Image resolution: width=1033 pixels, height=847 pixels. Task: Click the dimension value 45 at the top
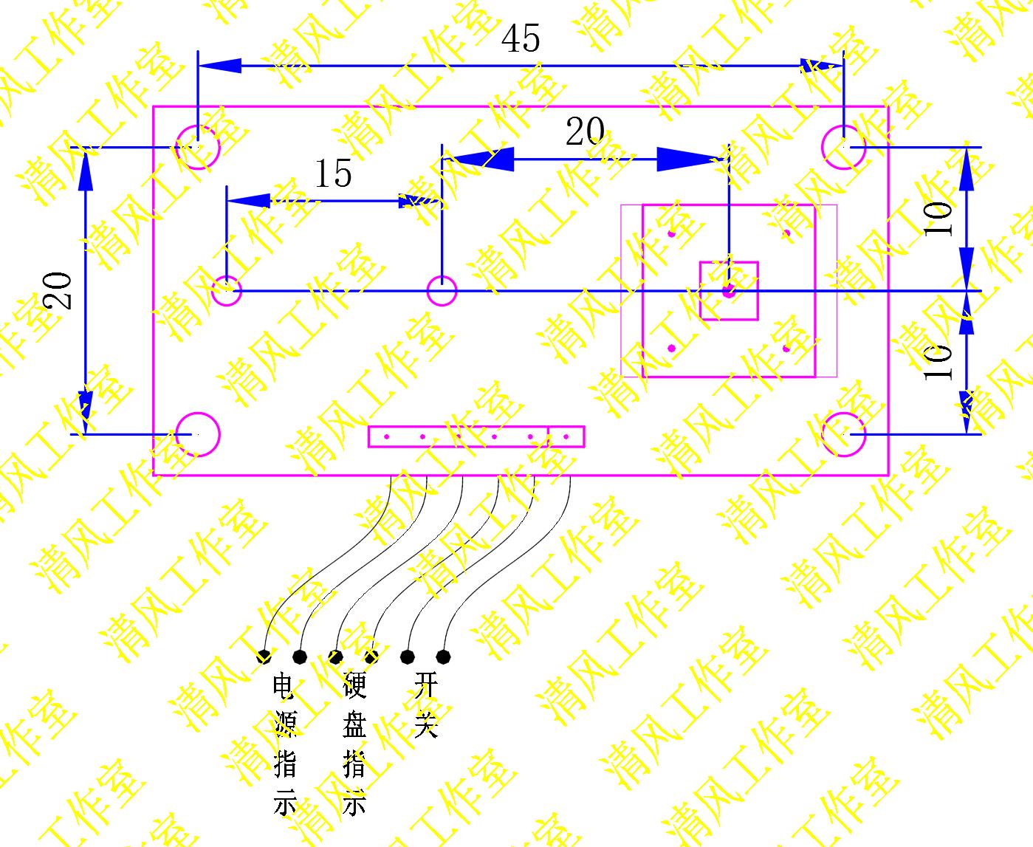(x=521, y=38)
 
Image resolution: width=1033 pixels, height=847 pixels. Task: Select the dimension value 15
(x=333, y=174)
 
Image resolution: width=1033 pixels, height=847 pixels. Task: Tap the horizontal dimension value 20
(x=585, y=132)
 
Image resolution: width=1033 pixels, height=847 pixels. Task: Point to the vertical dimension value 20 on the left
(x=58, y=290)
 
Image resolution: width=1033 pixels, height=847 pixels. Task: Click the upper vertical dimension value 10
(x=939, y=219)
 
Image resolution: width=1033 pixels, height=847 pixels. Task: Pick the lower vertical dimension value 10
(x=939, y=362)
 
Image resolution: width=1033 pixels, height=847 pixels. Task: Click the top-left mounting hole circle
(x=198, y=146)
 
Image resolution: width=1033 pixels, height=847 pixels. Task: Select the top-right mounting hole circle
(x=844, y=146)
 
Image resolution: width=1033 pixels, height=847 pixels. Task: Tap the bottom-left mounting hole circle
(x=198, y=434)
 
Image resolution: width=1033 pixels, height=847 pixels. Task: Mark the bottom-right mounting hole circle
(x=844, y=434)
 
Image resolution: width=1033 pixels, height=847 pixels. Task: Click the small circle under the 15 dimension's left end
(x=227, y=291)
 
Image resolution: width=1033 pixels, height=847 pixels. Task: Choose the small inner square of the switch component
(x=729, y=291)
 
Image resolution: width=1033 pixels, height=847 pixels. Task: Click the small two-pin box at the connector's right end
(x=566, y=436)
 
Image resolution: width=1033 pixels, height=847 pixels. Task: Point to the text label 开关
(x=426, y=704)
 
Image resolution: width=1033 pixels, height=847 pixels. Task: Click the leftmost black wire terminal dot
(x=264, y=656)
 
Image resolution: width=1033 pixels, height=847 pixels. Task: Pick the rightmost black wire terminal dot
(x=443, y=656)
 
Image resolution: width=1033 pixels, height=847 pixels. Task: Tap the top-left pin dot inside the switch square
(x=672, y=233)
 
